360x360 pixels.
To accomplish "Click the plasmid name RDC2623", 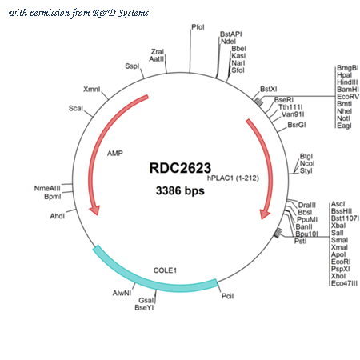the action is (x=180, y=168).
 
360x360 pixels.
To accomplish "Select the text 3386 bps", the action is (x=180, y=190).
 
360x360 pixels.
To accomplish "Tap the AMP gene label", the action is (x=115, y=154).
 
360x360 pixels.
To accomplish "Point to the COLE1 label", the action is (x=165, y=270).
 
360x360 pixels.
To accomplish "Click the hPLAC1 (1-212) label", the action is (x=233, y=178).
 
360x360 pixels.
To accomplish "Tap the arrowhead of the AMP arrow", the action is (x=94, y=210).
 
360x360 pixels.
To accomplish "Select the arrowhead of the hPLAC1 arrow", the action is (x=265, y=214).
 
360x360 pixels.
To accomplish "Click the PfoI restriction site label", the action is (x=198, y=27).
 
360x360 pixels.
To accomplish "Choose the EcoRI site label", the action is (x=341, y=262).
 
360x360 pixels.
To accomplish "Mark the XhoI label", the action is (x=338, y=276).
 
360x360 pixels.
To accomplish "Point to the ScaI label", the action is (x=76, y=108).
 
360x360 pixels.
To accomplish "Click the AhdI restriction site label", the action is (x=58, y=216).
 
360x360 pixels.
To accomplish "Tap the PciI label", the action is (x=227, y=296).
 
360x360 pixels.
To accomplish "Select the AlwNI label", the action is (x=122, y=293).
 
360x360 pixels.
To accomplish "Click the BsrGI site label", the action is (x=297, y=125).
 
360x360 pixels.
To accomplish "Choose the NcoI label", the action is (x=307, y=163).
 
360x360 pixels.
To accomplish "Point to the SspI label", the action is (x=132, y=66).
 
